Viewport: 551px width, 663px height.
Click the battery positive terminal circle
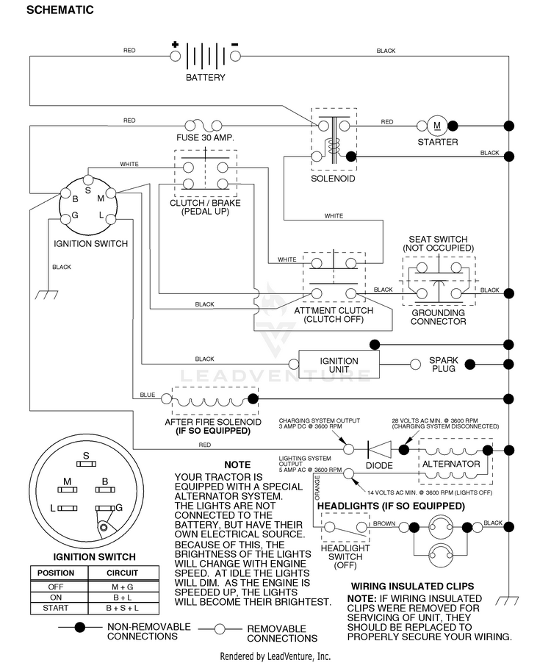[175, 56]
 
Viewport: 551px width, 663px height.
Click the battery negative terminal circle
[235, 56]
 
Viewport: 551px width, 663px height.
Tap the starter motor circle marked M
[437, 126]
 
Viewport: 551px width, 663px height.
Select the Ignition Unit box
[339, 364]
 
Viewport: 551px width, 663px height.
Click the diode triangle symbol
[379, 449]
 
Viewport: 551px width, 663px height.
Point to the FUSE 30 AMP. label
[205, 138]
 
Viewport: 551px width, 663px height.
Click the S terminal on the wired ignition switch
[88, 180]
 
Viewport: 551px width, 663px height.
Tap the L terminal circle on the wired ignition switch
[111, 220]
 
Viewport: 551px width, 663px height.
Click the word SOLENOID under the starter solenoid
[333, 179]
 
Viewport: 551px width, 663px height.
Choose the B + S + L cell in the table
[123, 608]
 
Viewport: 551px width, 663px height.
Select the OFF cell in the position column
[55, 587]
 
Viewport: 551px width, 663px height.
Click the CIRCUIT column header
[122, 573]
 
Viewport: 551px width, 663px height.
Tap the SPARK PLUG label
[443, 365]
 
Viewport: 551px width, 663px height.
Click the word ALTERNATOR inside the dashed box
[451, 464]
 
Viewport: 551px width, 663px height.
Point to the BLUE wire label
[148, 395]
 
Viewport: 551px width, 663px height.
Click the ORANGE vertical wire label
[317, 487]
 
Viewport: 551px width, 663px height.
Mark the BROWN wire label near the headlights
[384, 523]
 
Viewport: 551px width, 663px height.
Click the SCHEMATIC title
[60, 10]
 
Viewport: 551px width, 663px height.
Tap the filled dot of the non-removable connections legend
[80, 628]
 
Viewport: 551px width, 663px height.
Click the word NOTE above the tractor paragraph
[237, 465]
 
